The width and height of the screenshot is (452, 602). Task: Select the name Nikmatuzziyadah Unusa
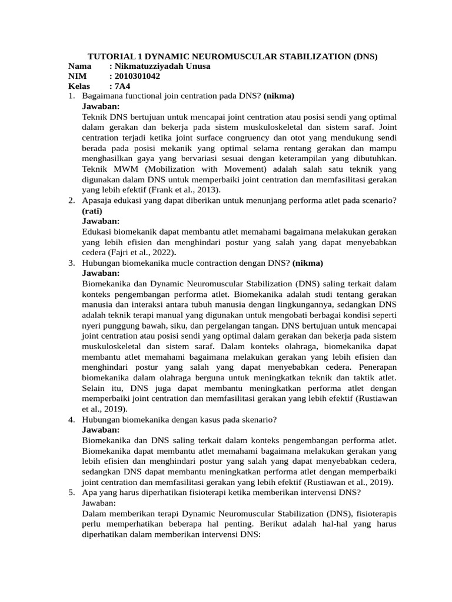pos(160,66)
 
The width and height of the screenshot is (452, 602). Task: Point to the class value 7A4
pos(124,86)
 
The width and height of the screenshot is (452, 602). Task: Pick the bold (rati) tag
pos(92,210)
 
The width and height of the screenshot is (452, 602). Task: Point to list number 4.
pos(71,419)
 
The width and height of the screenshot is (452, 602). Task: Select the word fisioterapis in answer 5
pos(373,513)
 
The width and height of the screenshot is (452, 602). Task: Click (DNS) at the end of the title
pos(365,56)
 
